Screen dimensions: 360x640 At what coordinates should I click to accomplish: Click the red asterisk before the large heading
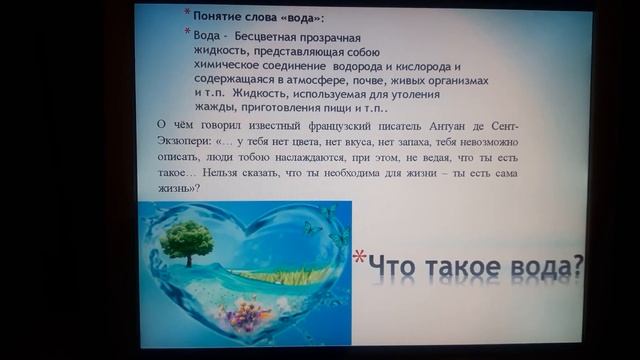[x=358, y=257]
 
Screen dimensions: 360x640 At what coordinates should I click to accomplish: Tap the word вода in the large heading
[x=540, y=268]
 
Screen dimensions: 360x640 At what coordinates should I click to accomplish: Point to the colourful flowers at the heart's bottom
[x=246, y=316]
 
